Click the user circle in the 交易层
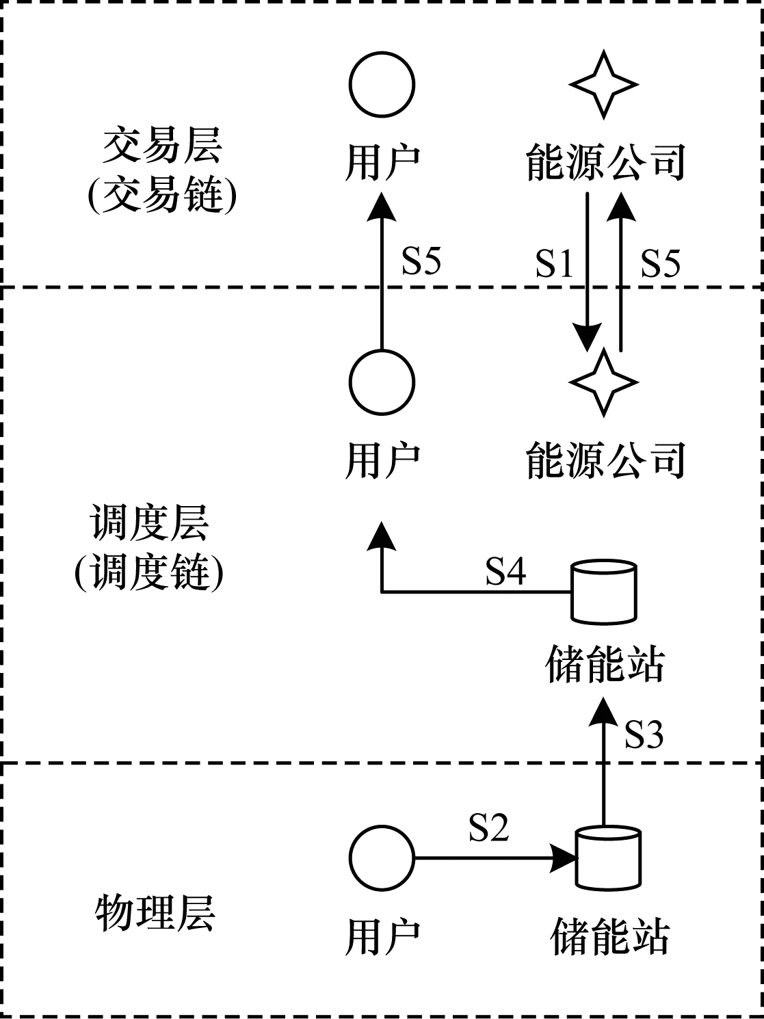[382, 85]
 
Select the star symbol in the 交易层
[603, 85]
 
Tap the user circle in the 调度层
[382, 382]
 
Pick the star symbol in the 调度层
[603, 382]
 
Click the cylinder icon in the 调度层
[603, 592]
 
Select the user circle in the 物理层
[382, 858]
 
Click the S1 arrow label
[554, 263]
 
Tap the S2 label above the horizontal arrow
[488, 827]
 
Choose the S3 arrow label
[644, 735]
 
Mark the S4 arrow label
[505, 571]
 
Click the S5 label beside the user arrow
[421, 261]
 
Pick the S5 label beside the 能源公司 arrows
[661, 263]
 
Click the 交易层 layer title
[162, 146]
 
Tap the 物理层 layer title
[155, 913]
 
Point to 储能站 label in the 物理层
[609, 936]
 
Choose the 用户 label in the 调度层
[382, 460]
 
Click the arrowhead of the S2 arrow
[564, 858]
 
